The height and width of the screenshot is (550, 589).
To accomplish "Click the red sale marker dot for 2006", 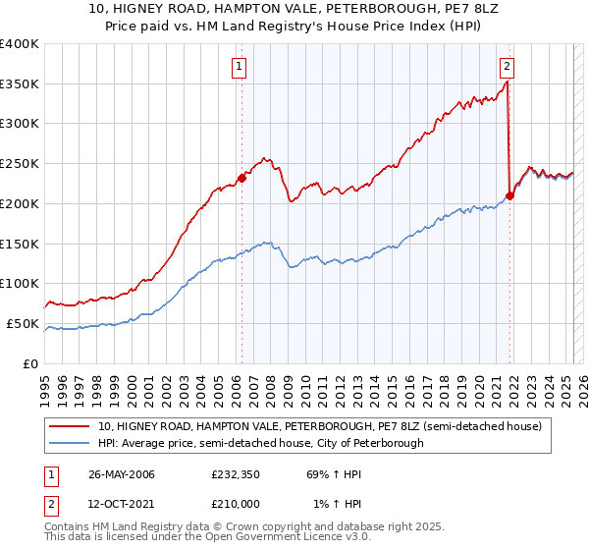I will pos(241,178).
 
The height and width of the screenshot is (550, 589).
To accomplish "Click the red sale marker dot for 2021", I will pos(510,195).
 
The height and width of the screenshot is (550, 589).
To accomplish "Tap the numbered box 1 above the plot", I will pos(240,67).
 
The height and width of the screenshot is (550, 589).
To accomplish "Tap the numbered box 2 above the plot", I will pos(507,67).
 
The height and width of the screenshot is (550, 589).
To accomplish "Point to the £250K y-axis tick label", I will pos(20,164).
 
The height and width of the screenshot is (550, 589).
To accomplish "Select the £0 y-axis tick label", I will pos(30,363).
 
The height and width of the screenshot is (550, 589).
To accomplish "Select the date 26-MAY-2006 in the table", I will pos(122,474).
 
